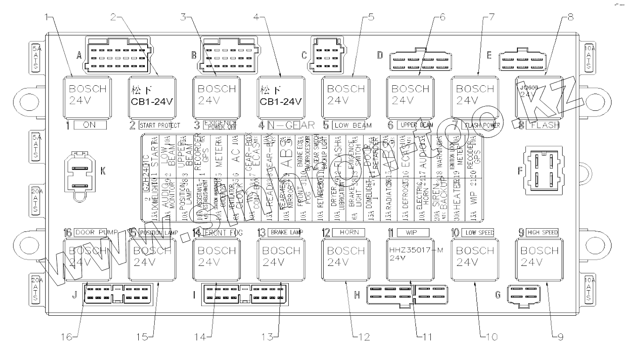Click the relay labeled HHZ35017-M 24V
[x=410, y=259]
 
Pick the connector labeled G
[x=527, y=295]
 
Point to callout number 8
[x=571, y=18]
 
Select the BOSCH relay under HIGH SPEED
[x=539, y=259]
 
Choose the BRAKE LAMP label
[x=285, y=231]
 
